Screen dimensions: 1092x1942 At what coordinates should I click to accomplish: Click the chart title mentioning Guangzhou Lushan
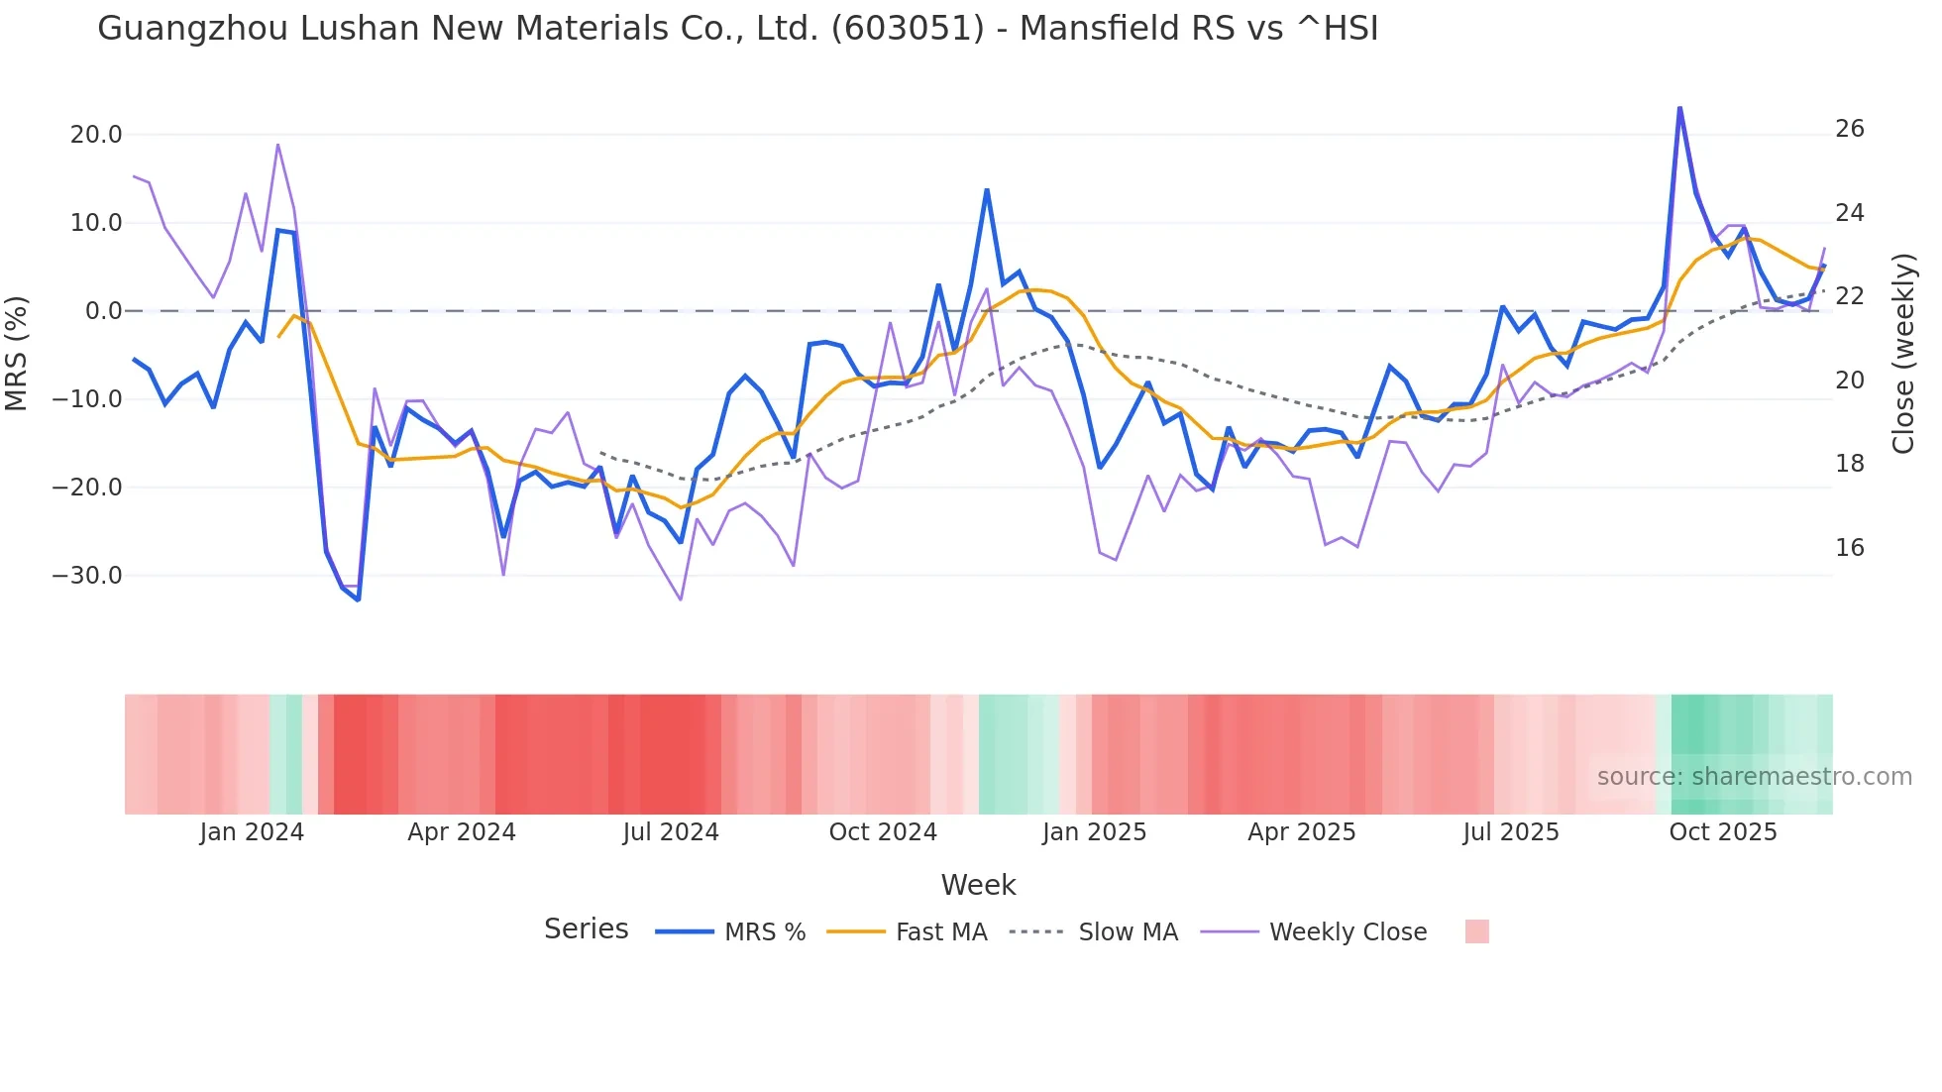[x=737, y=29]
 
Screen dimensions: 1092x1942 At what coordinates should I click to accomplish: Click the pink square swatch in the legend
[x=1476, y=931]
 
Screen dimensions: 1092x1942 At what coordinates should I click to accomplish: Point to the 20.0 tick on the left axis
[x=96, y=135]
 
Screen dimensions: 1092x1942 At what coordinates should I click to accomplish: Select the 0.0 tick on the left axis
[x=104, y=311]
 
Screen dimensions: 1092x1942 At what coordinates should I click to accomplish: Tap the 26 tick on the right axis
[x=1849, y=129]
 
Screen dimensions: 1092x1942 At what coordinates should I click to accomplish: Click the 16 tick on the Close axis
[x=1849, y=548]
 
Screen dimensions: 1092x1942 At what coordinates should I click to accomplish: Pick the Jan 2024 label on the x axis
[x=252, y=832]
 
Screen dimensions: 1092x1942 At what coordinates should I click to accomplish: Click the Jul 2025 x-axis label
[x=1510, y=832]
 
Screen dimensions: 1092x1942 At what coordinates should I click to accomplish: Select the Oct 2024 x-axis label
[x=882, y=832]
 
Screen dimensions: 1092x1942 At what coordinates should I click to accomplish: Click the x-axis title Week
[x=978, y=885]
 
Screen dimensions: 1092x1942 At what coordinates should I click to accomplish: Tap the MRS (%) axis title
[x=17, y=354]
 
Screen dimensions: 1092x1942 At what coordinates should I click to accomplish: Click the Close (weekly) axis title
[x=1902, y=354]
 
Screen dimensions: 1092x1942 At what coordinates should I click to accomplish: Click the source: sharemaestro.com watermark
[x=1754, y=777]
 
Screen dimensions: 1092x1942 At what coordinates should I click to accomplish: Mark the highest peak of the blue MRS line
[x=1679, y=107]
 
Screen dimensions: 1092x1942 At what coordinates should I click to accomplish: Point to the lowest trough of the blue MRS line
[x=358, y=600]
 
